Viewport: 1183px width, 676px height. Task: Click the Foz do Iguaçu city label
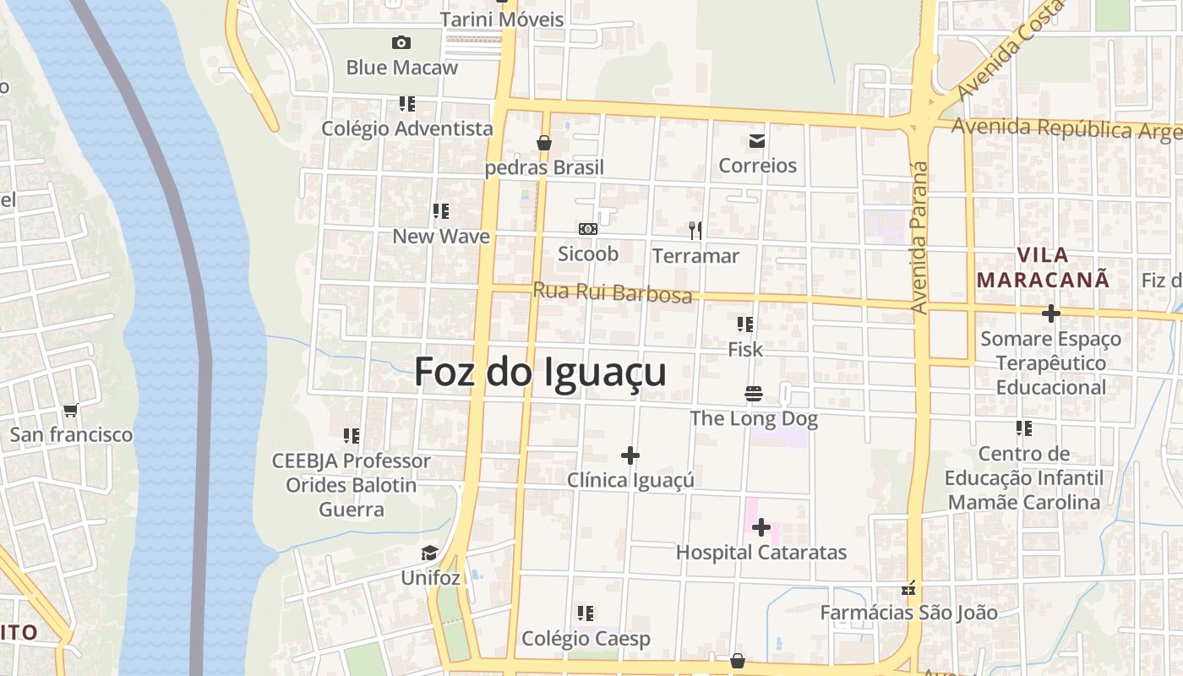click(x=540, y=372)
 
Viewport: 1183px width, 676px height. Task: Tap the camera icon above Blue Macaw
click(x=401, y=42)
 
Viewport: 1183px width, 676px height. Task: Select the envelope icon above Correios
click(x=756, y=140)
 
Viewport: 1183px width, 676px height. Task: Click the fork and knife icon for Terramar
click(x=695, y=230)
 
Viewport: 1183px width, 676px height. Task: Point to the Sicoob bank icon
click(x=588, y=229)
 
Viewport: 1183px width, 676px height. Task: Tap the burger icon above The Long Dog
click(x=754, y=393)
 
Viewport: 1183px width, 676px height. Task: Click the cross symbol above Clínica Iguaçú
click(x=630, y=455)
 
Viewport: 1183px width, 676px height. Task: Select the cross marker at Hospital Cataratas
click(x=761, y=527)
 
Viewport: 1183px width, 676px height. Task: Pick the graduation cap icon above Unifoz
click(x=430, y=553)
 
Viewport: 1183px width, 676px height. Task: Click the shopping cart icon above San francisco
click(x=71, y=410)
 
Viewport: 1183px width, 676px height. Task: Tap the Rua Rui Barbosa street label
click(x=613, y=292)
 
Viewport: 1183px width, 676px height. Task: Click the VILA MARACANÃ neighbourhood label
click(x=1043, y=267)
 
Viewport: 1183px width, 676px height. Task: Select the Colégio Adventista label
click(x=407, y=128)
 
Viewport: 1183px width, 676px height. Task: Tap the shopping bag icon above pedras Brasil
click(x=544, y=143)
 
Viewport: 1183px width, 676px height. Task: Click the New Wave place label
click(x=441, y=237)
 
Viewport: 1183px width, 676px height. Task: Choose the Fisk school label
click(x=745, y=349)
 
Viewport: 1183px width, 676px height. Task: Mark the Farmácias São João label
click(x=908, y=613)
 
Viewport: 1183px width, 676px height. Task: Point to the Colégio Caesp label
click(x=586, y=639)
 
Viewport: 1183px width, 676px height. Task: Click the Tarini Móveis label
click(x=502, y=19)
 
